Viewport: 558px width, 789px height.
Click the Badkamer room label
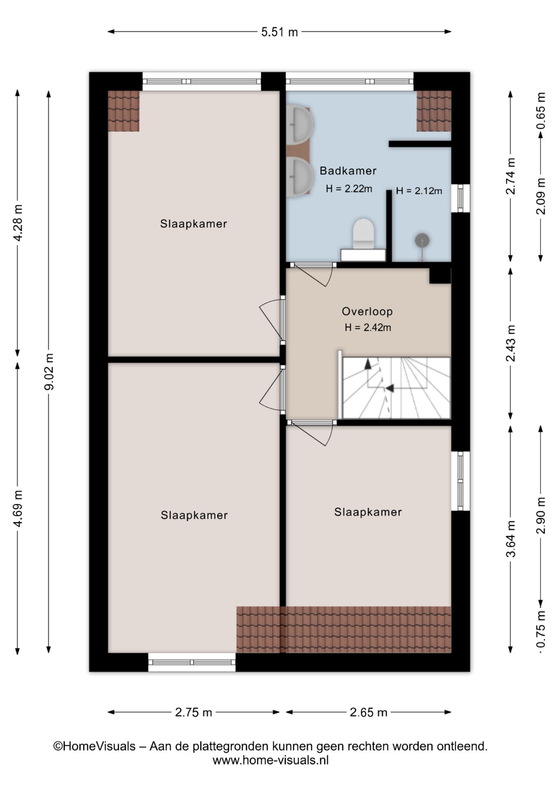[348, 171]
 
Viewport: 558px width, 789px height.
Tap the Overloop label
[367, 311]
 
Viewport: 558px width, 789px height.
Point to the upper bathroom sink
[300, 124]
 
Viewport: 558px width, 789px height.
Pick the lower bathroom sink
[300, 177]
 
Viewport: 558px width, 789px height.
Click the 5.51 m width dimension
[279, 32]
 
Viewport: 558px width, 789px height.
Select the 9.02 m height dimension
[49, 371]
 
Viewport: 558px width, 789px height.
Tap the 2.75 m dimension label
[194, 712]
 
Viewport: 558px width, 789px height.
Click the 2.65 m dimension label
[369, 712]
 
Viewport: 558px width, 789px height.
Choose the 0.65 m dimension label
[541, 111]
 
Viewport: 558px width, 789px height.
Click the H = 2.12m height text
[419, 191]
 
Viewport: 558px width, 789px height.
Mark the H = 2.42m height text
[368, 328]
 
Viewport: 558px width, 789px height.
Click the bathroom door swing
[314, 274]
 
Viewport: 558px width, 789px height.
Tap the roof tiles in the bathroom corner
[434, 111]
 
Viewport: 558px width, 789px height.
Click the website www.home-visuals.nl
[270, 760]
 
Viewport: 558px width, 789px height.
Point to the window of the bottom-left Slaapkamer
[192, 662]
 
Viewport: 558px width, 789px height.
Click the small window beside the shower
[460, 198]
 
